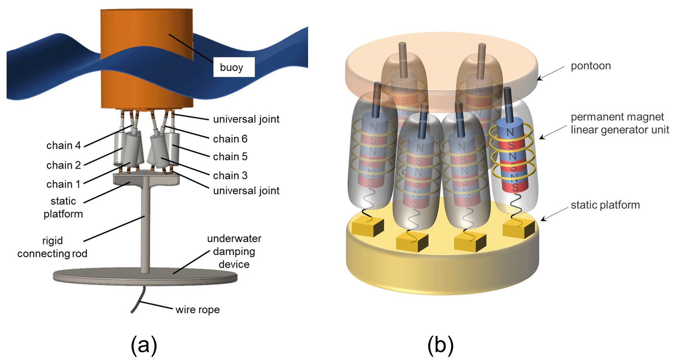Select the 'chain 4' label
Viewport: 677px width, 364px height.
pyautogui.click(x=64, y=145)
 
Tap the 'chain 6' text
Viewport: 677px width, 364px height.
pyautogui.click(x=230, y=139)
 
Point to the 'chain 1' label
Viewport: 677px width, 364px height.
pyautogui.click(x=63, y=184)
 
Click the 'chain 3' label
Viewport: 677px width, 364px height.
pyautogui.click(x=230, y=176)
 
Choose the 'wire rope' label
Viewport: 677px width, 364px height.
pyautogui.click(x=198, y=310)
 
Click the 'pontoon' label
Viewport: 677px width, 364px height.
pyautogui.click(x=591, y=66)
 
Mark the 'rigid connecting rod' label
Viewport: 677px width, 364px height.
pyautogui.click(x=52, y=247)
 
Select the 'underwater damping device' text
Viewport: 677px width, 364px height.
pyautogui.click(x=234, y=251)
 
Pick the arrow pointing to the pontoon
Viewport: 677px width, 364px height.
pyautogui.click(x=550, y=73)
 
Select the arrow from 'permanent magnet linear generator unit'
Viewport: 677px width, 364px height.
pyautogui.click(x=553, y=132)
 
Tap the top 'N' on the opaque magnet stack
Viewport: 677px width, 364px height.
pyautogui.click(x=510, y=133)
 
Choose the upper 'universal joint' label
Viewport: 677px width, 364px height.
pyautogui.click(x=246, y=119)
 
